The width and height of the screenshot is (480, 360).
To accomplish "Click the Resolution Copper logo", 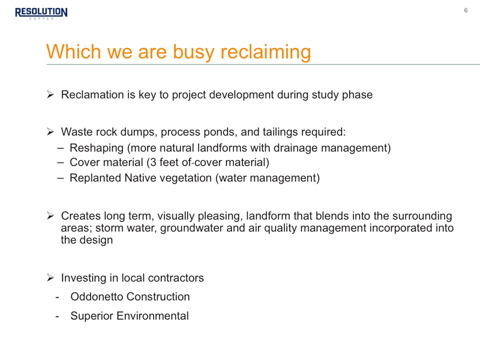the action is point(41,13).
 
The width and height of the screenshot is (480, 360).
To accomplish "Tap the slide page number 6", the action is point(466,10).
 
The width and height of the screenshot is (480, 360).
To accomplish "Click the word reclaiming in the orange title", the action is point(266,52).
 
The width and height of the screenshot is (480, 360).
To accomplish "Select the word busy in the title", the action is point(193,52).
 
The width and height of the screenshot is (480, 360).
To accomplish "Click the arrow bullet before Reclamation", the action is point(50,95).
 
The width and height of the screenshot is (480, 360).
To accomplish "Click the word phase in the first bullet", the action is point(357,95).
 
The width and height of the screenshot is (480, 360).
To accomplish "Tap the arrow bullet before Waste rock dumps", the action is point(50,132).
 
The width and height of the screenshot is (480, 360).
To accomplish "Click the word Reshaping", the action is point(97,148).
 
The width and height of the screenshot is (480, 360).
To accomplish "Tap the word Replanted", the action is point(95,178).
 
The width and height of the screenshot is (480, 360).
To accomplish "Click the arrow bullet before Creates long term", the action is point(50,216).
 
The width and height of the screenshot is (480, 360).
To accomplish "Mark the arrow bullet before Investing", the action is point(50,278).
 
